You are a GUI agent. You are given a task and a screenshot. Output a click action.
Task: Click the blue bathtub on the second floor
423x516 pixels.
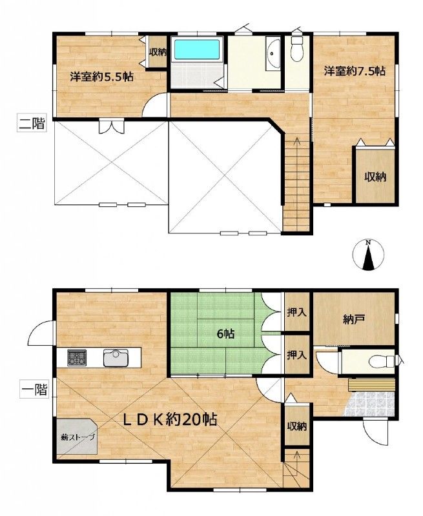[x=197, y=50]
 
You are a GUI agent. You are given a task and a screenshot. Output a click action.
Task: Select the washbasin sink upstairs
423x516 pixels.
[x=273, y=54]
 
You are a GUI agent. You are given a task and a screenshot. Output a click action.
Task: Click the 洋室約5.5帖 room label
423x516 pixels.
[x=101, y=77]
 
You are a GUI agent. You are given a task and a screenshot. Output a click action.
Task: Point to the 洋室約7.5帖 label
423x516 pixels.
[x=355, y=71]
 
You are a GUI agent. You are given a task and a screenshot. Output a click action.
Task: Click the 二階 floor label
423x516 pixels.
[x=31, y=124]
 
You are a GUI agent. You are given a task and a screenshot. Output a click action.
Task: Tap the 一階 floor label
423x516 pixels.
[x=34, y=390]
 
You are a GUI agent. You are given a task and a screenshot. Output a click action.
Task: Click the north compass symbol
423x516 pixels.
[x=368, y=255]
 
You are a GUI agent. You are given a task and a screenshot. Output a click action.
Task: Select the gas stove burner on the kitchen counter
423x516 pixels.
[x=77, y=358]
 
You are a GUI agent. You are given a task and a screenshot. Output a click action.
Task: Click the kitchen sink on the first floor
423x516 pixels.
[x=116, y=358]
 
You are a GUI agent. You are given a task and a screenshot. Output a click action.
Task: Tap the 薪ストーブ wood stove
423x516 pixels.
[x=77, y=437]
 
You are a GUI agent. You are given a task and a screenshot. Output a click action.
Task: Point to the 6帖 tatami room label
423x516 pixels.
[x=225, y=334]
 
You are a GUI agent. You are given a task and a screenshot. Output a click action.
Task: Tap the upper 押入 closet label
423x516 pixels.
[x=297, y=312]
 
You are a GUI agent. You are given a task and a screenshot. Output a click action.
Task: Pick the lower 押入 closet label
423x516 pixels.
[x=297, y=355]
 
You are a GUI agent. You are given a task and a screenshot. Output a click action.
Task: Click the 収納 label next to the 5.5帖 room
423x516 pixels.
[x=158, y=52]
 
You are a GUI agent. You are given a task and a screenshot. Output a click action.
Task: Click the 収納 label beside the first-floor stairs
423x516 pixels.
[x=297, y=426]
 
